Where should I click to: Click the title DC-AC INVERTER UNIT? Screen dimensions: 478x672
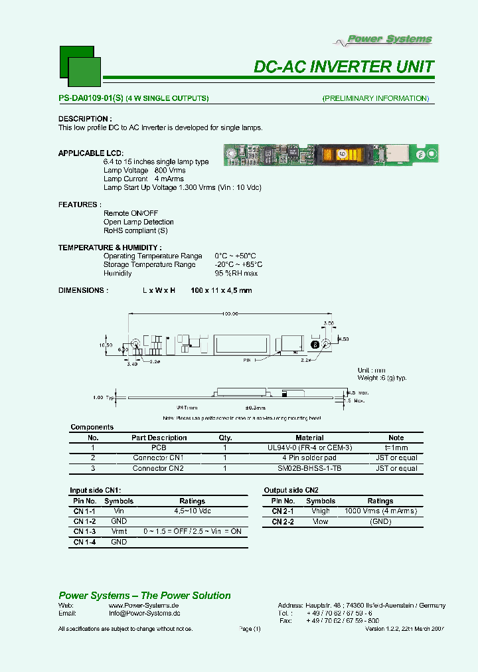click(344, 66)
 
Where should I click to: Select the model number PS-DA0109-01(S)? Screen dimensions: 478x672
click(90, 98)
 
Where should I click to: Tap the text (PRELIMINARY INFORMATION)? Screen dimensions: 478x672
click(376, 98)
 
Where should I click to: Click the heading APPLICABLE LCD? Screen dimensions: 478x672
click(90, 153)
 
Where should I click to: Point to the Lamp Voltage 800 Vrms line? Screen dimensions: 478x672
click(145, 171)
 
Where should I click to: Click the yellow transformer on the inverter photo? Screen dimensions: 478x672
click(341, 154)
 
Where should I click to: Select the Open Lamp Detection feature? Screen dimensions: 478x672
click(139, 222)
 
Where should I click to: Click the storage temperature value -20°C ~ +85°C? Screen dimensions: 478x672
click(236, 264)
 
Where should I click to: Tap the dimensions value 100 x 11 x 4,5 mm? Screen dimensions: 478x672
click(221, 290)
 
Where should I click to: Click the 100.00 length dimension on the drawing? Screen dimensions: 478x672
click(230, 314)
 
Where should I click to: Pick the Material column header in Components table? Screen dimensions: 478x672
click(309, 438)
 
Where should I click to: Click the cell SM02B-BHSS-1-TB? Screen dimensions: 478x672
click(309, 468)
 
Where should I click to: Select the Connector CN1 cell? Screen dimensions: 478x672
click(158, 458)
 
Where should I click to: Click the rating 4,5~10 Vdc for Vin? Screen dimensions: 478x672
click(192, 511)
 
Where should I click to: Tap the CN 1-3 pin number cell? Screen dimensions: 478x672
click(84, 532)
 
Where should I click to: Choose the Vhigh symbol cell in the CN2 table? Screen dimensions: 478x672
click(320, 511)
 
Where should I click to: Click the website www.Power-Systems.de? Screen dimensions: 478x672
click(144, 606)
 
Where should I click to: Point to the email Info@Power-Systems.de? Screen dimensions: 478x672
click(144, 613)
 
